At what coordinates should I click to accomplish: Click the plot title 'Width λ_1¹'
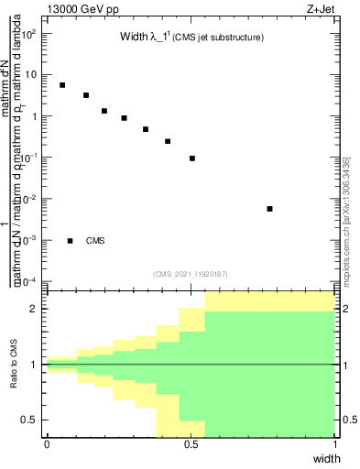[150, 38]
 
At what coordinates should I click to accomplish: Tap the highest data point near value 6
[61, 85]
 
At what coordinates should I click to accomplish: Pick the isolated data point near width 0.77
[269, 209]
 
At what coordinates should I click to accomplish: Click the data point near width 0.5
[192, 158]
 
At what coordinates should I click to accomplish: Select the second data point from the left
[85, 95]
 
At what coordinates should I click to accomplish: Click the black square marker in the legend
[71, 241]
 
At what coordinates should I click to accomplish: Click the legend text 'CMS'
[95, 241]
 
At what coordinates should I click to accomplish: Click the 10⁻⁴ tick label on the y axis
[30, 281]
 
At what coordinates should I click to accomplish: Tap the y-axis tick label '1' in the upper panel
[34, 116]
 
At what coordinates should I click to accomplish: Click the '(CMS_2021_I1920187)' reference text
[191, 274]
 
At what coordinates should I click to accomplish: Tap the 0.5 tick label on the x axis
[191, 444]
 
